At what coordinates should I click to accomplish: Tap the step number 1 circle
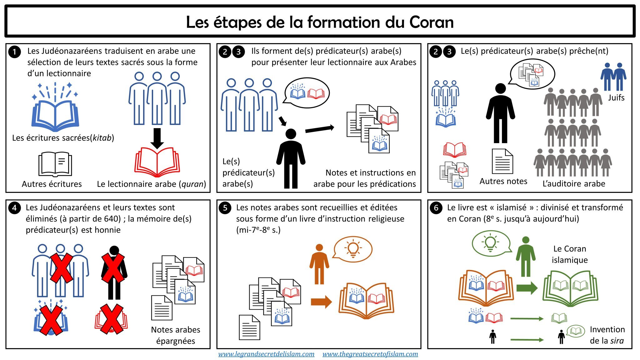pos(14,52)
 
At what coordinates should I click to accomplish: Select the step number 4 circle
pos(14,208)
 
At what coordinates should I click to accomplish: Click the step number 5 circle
pos(225,208)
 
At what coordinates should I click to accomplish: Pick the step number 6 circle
pos(436,208)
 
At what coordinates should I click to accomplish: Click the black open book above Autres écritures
pos(55,164)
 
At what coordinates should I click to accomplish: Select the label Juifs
pos(616,98)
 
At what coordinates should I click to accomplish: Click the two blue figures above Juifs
pos(613,77)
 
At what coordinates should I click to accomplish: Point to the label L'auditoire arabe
pos(574,184)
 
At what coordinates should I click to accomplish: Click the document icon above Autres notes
pos(502,161)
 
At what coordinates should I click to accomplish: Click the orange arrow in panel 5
pos(321,302)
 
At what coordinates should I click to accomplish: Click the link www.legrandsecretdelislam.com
pos(266,354)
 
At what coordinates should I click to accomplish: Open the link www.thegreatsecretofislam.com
pos(370,354)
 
